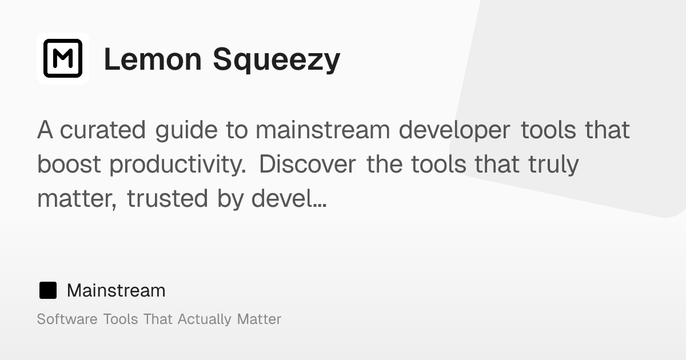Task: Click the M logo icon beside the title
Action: pos(63,58)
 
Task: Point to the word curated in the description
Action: pos(103,130)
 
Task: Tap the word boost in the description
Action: pos(69,165)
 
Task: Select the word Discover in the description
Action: pos(308,165)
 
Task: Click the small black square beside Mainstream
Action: pos(48,291)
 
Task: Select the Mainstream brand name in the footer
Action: pos(116,291)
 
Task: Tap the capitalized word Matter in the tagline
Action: pos(259,319)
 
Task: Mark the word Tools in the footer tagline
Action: pos(121,319)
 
